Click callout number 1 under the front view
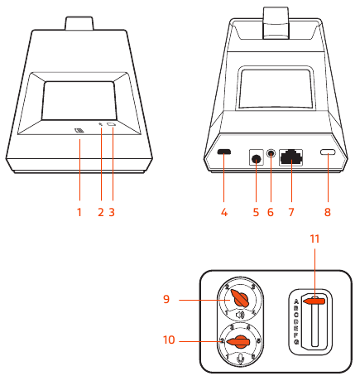[x=79, y=211]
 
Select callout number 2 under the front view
[x=100, y=211]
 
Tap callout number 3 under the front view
[x=111, y=211]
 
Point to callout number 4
[x=223, y=211]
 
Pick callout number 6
[x=271, y=211]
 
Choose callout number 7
[x=290, y=211]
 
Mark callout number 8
[x=329, y=211]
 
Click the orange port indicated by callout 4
[x=223, y=154]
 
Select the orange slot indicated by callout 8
[x=329, y=154]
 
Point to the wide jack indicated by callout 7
[x=290, y=155]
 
